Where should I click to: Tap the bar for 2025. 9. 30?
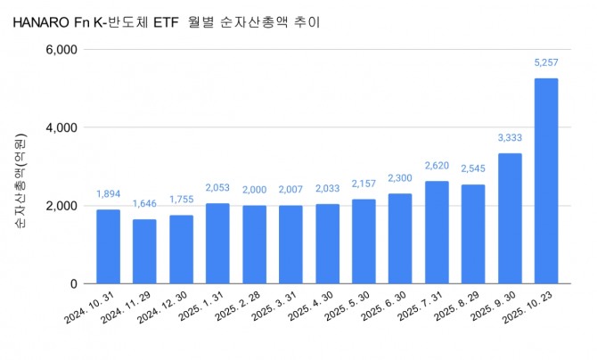(509, 218)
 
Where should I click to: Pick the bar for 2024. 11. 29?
(144, 251)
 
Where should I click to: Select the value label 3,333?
(509, 138)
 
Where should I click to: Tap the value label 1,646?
(144, 204)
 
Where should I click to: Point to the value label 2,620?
(436, 166)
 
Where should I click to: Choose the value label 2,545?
(472, 168)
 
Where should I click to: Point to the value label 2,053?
(217, 187)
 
